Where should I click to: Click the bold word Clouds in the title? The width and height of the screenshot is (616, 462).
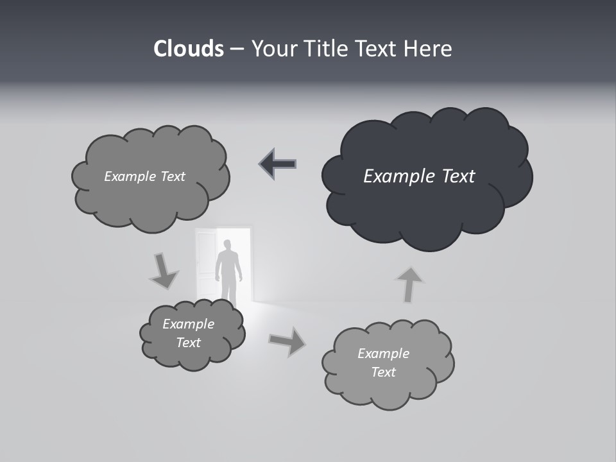189,49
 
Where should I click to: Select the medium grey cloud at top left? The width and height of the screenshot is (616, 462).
151,199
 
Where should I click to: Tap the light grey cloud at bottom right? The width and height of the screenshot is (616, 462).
387,385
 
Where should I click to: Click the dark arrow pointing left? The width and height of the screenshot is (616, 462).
278,164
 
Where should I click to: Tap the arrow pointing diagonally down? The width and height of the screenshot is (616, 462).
163,271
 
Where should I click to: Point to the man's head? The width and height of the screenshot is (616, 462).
227,244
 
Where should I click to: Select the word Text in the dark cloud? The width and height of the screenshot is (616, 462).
458,176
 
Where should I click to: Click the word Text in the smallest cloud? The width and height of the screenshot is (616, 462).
188,343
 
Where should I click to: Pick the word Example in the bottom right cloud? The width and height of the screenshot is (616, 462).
383,354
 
